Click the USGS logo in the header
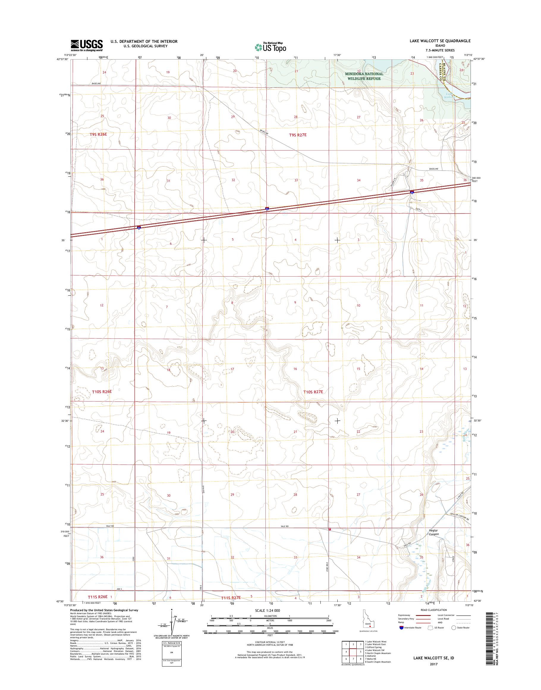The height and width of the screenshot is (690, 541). (x=87, y=45)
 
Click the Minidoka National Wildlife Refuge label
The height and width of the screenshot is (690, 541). (x=364, y=76)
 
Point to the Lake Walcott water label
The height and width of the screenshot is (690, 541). (x=450, y=95)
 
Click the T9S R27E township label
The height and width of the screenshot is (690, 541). (x=298, y=135)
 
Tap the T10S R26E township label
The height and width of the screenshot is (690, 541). (x=102, y=391)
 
